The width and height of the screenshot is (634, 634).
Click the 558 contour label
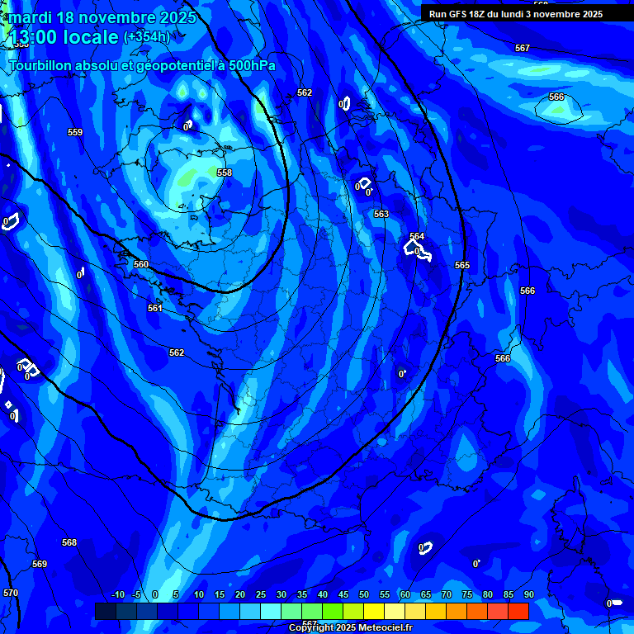click(x=225, y=173)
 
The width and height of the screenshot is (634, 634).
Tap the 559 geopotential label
click(x=75, y=132)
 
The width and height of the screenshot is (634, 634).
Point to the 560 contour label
click(x=141, y=265)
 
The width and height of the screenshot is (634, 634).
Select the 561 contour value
click(x=155, y=308)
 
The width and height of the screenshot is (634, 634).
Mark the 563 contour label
click(x=381, y=214)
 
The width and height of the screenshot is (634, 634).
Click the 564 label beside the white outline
click(x=417, y=236)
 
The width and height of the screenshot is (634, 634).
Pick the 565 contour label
click(x=462, y=265)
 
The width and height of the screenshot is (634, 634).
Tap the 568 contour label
click(x=69, y=542)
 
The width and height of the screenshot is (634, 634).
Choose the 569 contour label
click(x=40, y=564)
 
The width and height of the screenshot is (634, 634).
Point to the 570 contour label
click(x=10, y=594)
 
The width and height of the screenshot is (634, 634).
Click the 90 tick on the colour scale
click(x=528, y=595)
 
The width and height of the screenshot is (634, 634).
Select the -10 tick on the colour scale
click(x=117, y=595)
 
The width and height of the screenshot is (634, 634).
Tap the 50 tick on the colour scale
click(x=364, y=595)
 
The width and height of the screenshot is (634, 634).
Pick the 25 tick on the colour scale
click(x=261, y=595)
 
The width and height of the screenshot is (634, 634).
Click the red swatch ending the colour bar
click(x=518, y=611)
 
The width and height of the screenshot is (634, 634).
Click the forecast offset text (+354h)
click(x=147, y=37)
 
